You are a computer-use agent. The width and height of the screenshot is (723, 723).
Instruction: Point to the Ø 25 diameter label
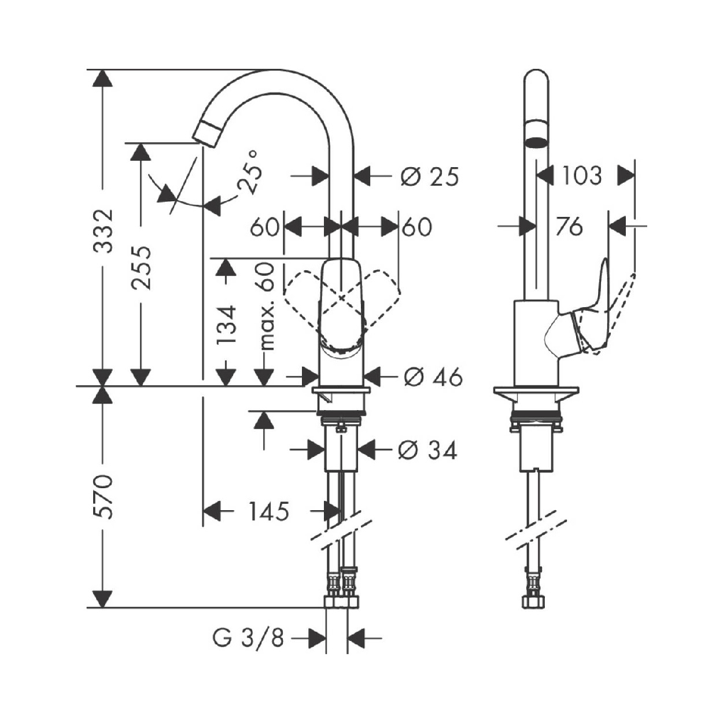[x=429, y=176]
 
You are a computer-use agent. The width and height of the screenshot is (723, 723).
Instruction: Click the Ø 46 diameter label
[x=433, y=378]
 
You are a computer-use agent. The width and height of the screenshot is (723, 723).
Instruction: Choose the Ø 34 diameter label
[x=428, y=449]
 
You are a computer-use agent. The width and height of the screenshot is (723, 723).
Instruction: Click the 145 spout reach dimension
[x=268, y=511]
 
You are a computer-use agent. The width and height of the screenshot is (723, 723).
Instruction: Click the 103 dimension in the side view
[x=581, y=175]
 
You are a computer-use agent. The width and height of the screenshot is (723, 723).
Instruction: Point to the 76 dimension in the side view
[x=570, y=227]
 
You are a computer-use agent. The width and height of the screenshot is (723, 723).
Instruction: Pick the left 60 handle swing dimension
[x=264, y=227]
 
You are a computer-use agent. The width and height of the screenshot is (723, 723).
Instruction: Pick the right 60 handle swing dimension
[x=416, y=227]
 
